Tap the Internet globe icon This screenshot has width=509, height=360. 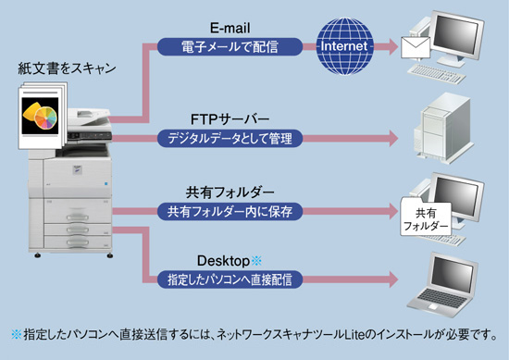pos(344,44)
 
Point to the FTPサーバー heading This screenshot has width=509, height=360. pos(230,121)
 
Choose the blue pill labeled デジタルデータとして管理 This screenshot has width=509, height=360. pos(230,139)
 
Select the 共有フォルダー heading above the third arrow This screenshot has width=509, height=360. pos(230,192)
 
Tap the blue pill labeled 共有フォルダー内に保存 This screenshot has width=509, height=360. pos(230,211)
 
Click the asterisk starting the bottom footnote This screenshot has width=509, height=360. pos(15,333)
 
